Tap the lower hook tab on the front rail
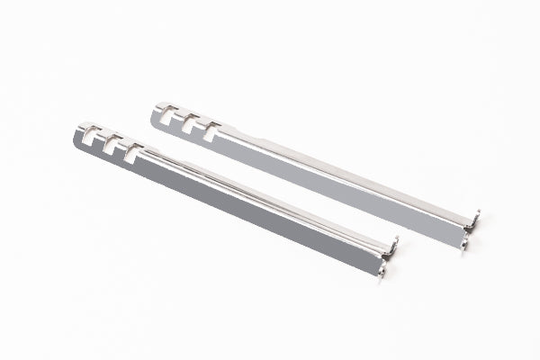[382, 270]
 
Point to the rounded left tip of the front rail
[76, 140]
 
